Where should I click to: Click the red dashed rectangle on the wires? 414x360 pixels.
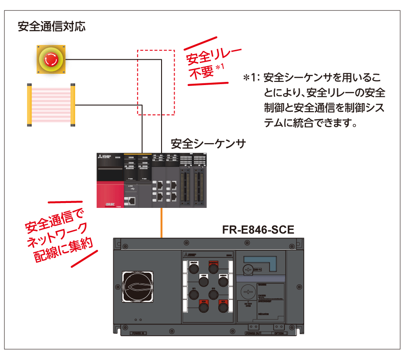pos(155,82)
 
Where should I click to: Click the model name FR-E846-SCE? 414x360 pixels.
pos(258,230)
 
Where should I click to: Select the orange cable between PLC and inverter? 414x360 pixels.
pos(161,223)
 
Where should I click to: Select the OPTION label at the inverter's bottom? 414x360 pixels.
pos(279,333)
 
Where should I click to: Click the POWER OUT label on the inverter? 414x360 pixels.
pos(254,333)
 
